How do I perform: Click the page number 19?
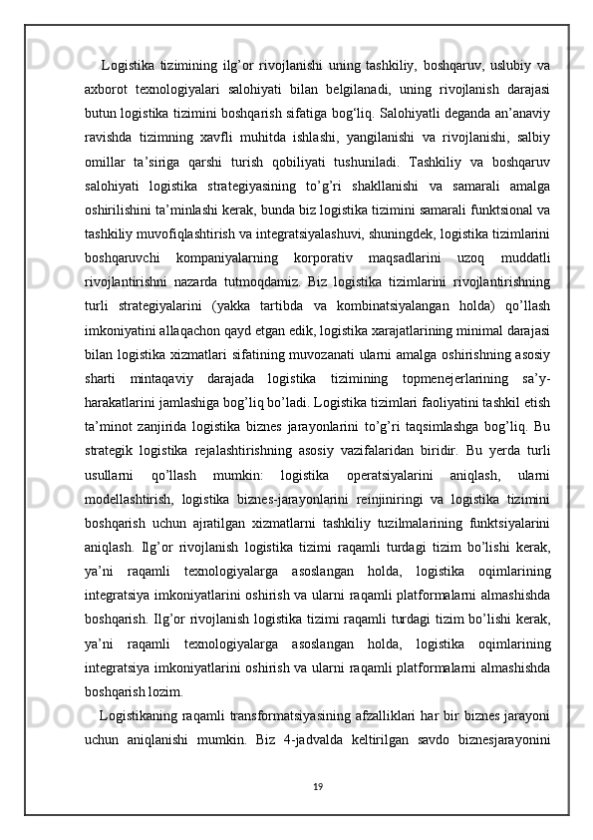click(x=296, y=786)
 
